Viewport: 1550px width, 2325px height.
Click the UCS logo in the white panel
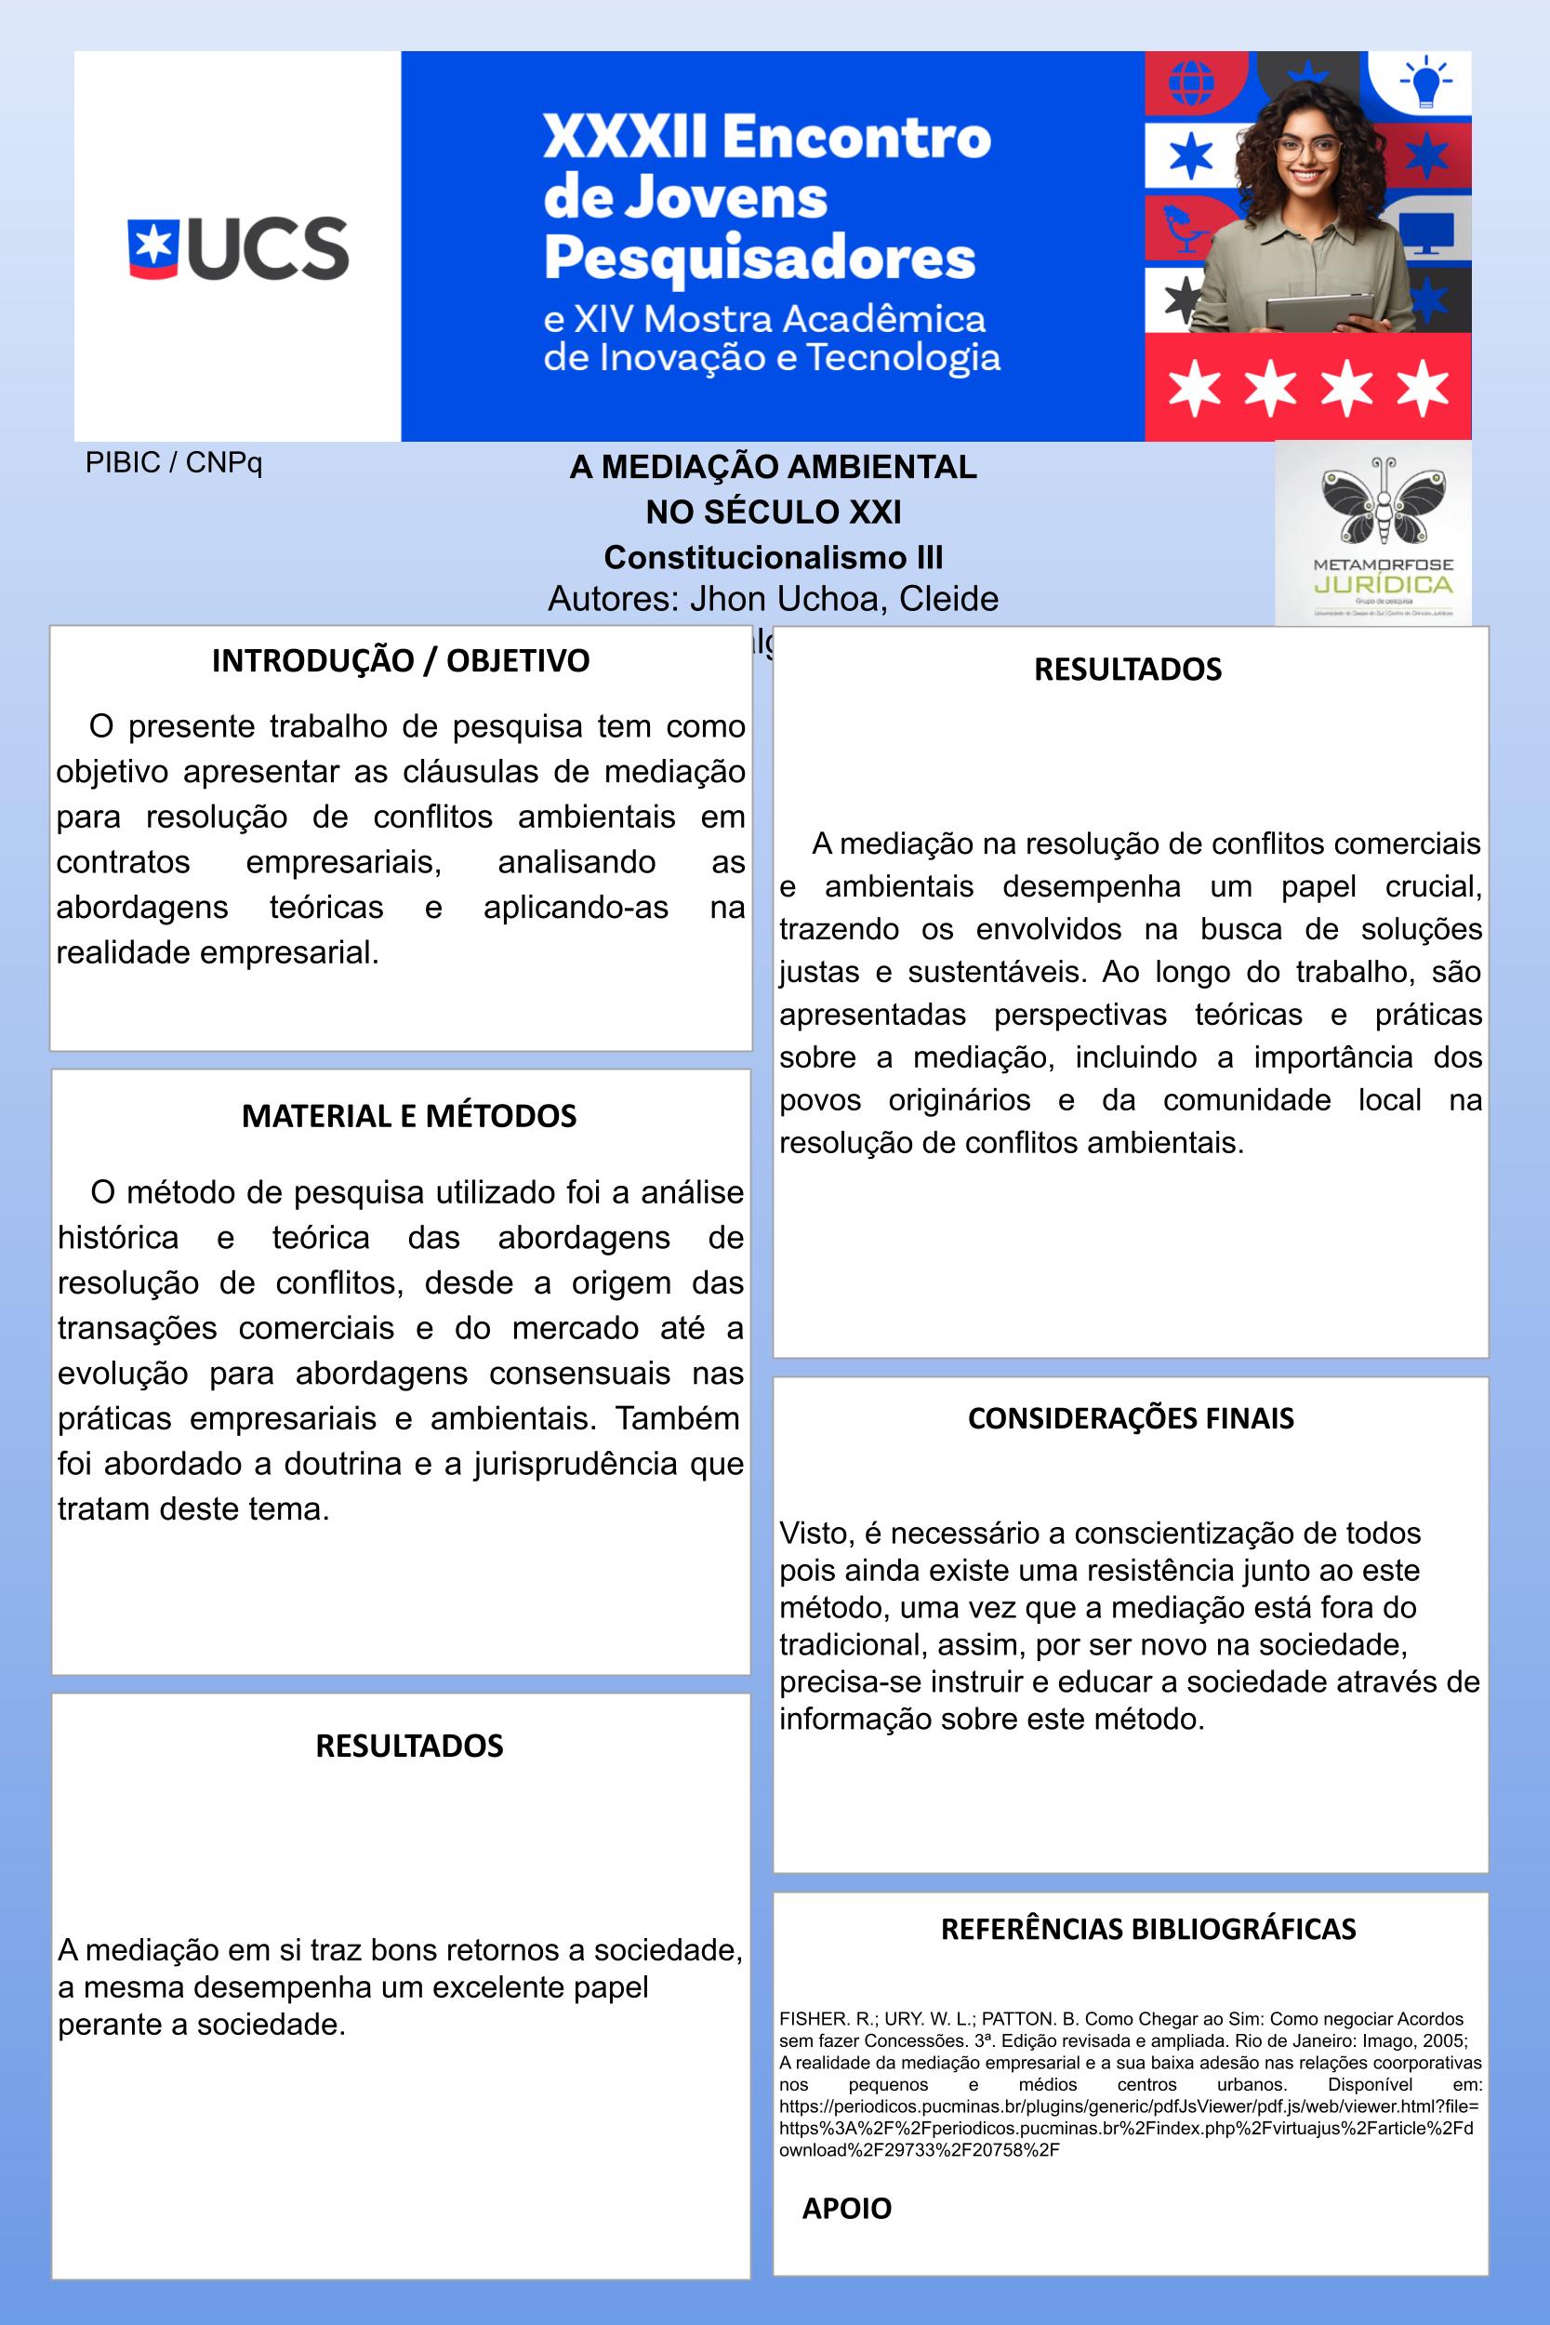pyautogui.click(x=238, y=247)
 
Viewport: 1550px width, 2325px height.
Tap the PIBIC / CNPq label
pyautogui.click(x=174, y=462)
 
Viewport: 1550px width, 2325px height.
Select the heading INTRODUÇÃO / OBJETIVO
pyautogui.click(x=401, y=660)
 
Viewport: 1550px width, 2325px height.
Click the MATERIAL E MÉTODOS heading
pyautogui.click(x=408, y=1116)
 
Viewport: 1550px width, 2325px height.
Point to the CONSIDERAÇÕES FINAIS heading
pyautogui.click(x=1130, y=1418)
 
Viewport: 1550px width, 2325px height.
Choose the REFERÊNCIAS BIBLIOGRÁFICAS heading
pyautogui.click(x=1147, y=1929)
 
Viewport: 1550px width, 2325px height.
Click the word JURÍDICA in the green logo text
pyautogui.click(x=1383, y=584)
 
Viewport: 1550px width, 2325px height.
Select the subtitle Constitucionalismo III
pyautogui.click(x=773, y=557)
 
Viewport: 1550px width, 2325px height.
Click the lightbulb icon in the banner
pyautogui.click(x=1424, y=82)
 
